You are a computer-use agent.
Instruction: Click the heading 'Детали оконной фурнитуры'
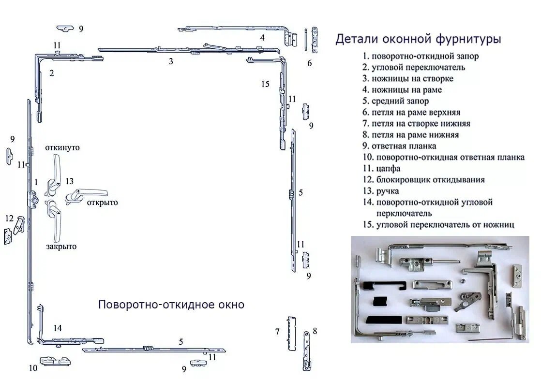pyautogui.click(x=418, y=39)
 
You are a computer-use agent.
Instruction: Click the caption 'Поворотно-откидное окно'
pyautogui.click(x=171, y=305)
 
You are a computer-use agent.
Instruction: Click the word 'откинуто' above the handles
pyautogui.click(x=62, y=147)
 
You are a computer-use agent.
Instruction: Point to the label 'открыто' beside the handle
pyautogui.click(x=102, y=202)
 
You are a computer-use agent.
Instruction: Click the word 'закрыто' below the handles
pyautogui.click(x=61, y=246)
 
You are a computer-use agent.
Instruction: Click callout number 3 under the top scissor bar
pyautogui.click(x=171, y=61)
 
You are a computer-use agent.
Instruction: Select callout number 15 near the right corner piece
pyautogui.click(x=265, y=84)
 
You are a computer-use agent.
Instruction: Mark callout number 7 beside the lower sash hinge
pyautogui.click(x=277, y=332)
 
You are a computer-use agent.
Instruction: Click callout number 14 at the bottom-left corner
pyautogui.click(x=58, y=328)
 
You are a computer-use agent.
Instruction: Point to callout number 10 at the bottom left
pyautogui.click(x=33, y=368)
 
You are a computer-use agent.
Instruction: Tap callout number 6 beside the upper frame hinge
pyautogui.click(x=309, y=63)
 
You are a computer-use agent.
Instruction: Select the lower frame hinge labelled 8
pyautogui.click(x=307, y=351)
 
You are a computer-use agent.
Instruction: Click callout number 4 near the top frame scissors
pyautogui.click(x=262, y=37)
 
